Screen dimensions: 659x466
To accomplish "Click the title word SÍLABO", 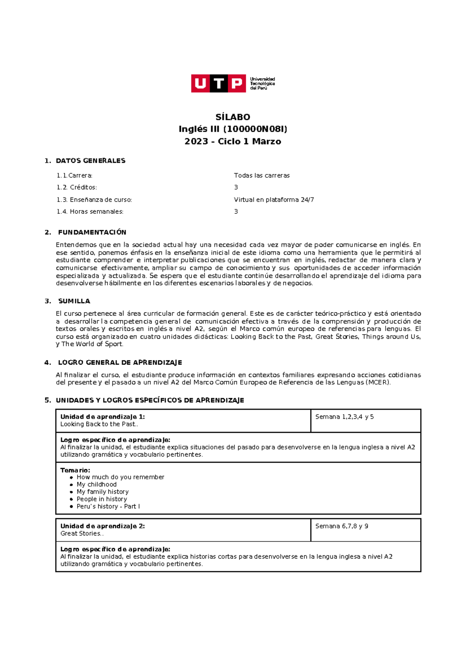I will tap(233, 117).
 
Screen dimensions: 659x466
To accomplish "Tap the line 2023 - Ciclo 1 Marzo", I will tap(233, 141).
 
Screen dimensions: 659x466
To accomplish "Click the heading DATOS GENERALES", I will tap(90, 161).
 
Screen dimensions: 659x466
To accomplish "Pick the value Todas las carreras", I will tap(262, 175).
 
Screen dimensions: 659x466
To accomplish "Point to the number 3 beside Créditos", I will tap(236, 187).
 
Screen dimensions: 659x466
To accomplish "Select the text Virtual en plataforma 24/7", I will tap(274, 200).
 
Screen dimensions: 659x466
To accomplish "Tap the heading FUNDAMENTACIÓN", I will tap(92, 232).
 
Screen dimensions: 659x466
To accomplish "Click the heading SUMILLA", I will tap(74, 301).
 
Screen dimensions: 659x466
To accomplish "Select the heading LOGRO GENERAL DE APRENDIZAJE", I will tap(120, 362).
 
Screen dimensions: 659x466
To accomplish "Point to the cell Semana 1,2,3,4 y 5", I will tap(344, 417).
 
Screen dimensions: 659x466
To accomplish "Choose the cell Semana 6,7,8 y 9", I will tap(342, 526).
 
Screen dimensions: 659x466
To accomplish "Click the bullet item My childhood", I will tap(96, 484).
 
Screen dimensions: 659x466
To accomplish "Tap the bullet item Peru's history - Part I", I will tap(108, 506).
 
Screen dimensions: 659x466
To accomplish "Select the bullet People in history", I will tap(102, 499).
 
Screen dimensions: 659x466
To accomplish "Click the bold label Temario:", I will tap(75, 470).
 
